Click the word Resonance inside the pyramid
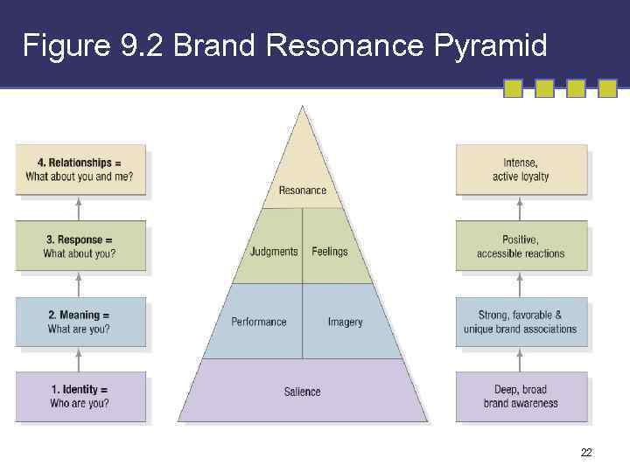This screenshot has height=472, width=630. point(302,191)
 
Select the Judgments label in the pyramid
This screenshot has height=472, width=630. point(274,252)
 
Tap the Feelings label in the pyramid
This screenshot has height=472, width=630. point(330,252)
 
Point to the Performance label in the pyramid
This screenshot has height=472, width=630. point(259,322)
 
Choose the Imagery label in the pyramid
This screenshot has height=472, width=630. point(345,322)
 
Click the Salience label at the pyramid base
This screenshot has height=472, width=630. point(303,392)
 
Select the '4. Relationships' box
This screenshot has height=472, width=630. point(80,170)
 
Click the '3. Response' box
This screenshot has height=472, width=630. point(80,246)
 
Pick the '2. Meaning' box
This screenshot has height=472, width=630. point(80,322)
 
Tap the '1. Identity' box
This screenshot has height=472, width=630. point(80,397)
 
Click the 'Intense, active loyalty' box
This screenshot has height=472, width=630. point(521,170)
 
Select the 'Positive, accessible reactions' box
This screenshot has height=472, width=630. point(521,246)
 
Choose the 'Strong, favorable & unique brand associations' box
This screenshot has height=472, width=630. point(521,322)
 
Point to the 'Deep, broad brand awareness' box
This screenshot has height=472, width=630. point(521,397)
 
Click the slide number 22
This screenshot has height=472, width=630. point(586,452)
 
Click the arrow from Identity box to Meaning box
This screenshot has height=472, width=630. point(80,359)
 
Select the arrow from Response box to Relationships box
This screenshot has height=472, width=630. point(80,208)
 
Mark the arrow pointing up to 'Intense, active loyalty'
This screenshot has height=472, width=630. point(521,208)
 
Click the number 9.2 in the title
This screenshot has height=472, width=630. point(140,45)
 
